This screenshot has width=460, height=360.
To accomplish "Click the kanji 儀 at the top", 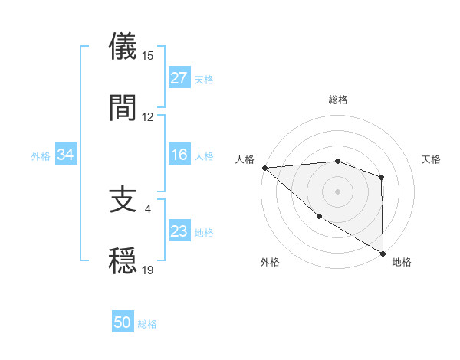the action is (x=123, y=47).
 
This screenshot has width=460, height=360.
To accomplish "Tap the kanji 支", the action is (x=123, y=201).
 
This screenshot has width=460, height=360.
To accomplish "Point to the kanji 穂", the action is (x=123, y=260).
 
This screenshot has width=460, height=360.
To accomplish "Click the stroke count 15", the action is (x=148, y=56).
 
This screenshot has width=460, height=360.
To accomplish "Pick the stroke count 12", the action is (x=148, y=117).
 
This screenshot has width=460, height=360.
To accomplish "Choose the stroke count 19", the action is (x=148, y=270).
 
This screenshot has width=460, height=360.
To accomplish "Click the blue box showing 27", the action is (x=179, y=78).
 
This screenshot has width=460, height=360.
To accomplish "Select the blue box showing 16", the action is (x=179, y=155).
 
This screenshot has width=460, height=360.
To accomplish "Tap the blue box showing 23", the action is (x=179, y=232).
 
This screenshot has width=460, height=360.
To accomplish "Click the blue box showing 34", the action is (x=66, y=155).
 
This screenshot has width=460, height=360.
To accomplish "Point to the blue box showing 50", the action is (x=123, y=323).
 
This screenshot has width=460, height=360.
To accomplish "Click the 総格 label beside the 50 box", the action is (x=147, y=324).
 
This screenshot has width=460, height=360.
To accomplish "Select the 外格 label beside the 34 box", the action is (x=41, y=156).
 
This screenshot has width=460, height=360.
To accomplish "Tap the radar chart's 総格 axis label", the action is (x=338, y=100).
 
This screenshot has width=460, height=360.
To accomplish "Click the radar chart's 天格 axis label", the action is (x=431, y=159).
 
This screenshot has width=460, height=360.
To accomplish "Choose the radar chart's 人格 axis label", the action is (x=245, y=159).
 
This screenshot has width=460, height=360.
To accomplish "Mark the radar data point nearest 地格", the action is (x=383, y=253).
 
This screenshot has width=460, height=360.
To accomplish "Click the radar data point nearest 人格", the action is (x=264, y=168).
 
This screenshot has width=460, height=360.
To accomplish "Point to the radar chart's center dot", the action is (x=337, y=191).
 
